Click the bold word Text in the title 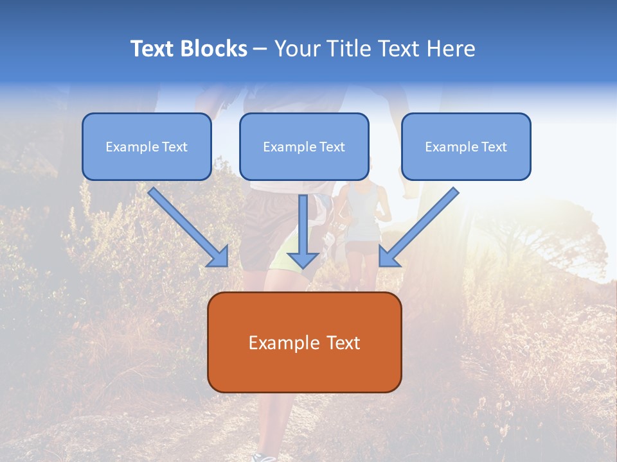[x=152, y=49]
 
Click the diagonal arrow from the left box [x=188, y=227]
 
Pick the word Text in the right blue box [x=494, y=147]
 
